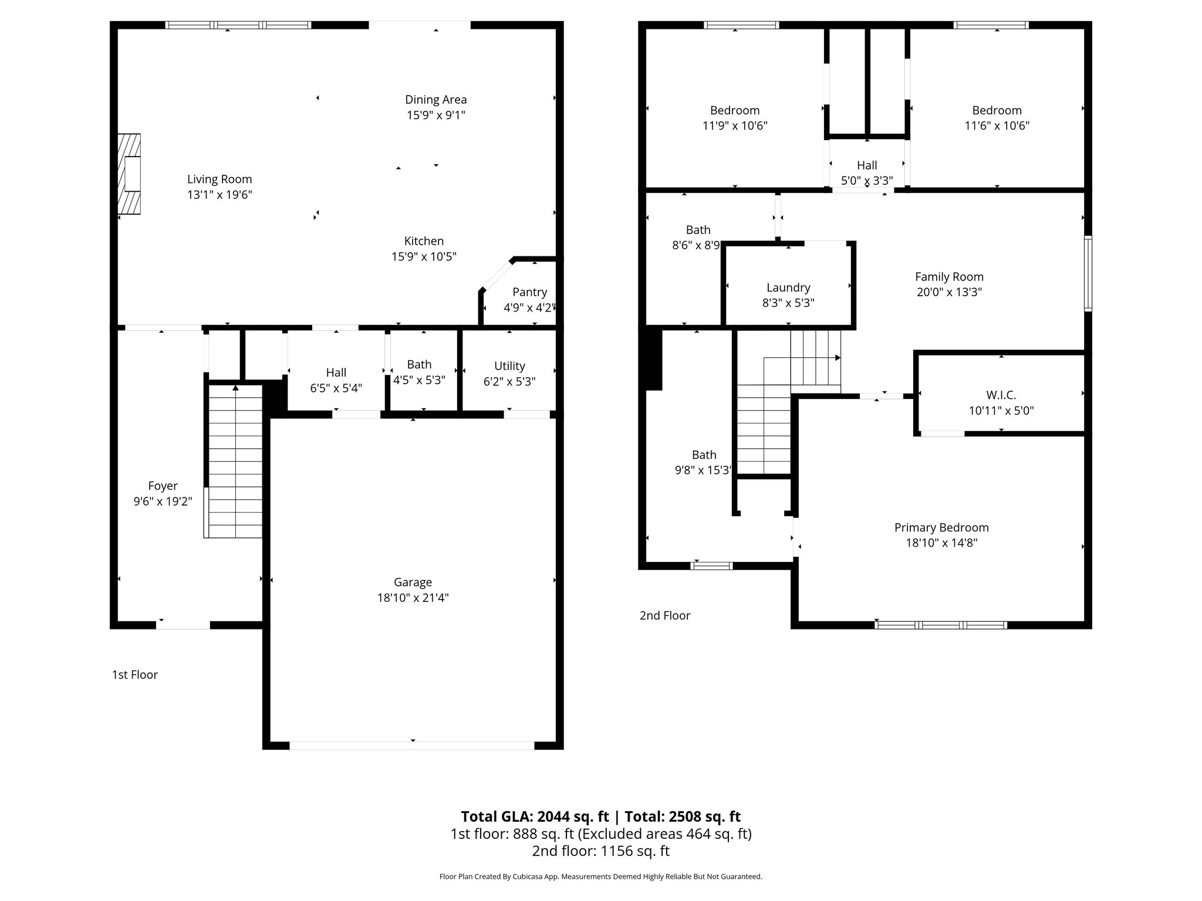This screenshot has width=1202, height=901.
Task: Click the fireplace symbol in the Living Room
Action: pyautogui.click(x=130, y=174)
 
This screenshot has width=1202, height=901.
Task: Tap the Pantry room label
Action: pyautogui.click(x=529, y=292)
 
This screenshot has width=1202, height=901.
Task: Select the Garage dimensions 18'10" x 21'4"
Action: pyautogui.click(x=413, y=598)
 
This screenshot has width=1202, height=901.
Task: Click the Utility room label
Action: pyautogui.click(x=509, y=366)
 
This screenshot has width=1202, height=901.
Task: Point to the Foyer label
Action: pyautogui.click(x=163, y=486)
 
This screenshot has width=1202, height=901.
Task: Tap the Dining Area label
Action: pyautogui.click(x=435, y=100)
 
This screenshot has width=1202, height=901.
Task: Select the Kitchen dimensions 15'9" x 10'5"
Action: pyautogui.click(x=424, y=256)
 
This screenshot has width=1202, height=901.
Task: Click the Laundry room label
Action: pyautogui.click(x=788, y=287)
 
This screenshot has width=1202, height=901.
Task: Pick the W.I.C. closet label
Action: pyautogui.click(x=1001, y=395)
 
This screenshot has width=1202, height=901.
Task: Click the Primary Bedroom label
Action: pyautogui.click(x=941, y=527)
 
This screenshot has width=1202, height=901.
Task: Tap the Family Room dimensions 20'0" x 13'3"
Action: pyautogui.click(x=949, y=292)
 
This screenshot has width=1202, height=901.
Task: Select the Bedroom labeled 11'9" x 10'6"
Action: pyautogui.click(x=734, y=111)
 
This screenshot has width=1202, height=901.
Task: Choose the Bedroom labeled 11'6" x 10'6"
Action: pyautogui.click(x=997, y=111)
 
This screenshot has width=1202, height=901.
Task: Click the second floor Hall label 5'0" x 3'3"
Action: pyautogui.click(x=866, y=165)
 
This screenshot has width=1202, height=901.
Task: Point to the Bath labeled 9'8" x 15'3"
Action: pyautogui.click(x=704, y=455)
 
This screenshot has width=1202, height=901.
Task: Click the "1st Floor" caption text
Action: pyautogui.click(x=135, y=675)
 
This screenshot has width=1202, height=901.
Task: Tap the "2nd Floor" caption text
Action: pyautogui.click(x=664, y=615)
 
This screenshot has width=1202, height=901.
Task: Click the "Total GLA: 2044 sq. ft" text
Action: pyautogui.click(x=535, y=817)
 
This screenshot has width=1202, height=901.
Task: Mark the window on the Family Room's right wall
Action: pyautogui.click(x=1088, y=273)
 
